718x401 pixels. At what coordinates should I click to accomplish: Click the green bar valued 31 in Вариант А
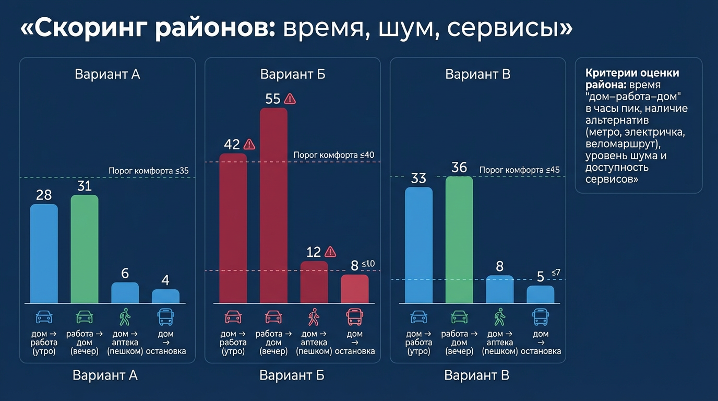coord(85,249)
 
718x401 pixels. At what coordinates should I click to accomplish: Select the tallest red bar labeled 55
coord(273,205)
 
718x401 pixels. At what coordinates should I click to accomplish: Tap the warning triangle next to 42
coord(249,144)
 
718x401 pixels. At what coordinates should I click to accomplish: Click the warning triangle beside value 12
coord(330,252)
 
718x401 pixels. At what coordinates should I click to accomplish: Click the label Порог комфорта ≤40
coord(334,155)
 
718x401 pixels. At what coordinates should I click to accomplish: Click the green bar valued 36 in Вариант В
coord(459,240)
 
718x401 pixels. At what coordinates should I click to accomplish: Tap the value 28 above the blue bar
coord(44,195)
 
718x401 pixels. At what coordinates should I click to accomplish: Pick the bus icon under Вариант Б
coord(355,316)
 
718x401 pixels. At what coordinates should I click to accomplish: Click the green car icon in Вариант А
coord(85,316)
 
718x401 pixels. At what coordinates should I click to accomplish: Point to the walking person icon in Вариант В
coord(499,316)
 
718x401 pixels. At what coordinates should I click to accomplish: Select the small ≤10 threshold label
coord(368,264)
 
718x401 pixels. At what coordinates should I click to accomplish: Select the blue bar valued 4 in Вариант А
coord(165,297)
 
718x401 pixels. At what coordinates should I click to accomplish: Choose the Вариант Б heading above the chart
coord(293,74)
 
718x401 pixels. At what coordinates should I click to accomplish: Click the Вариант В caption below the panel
coord(476,375)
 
